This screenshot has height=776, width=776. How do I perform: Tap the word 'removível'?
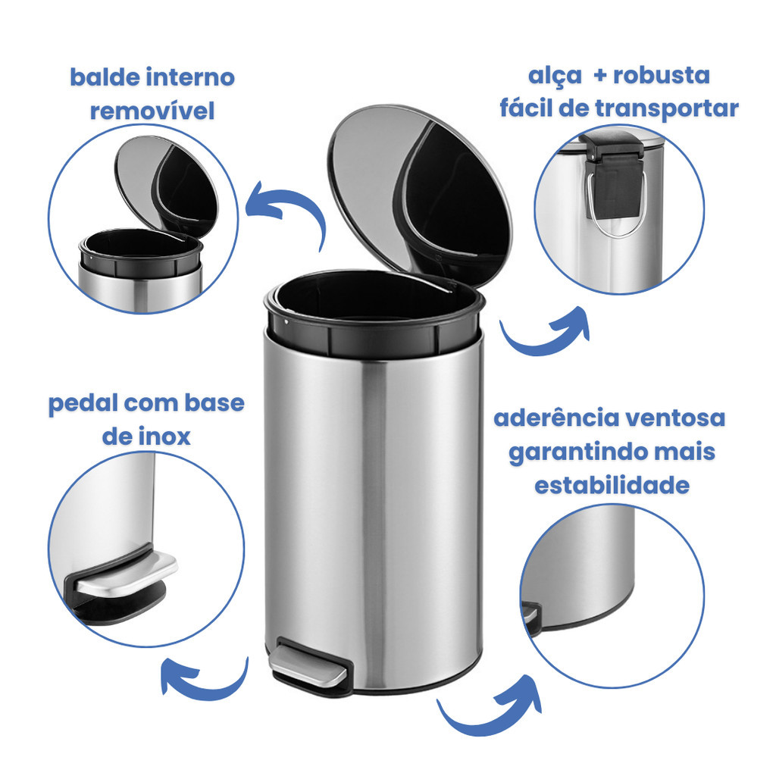[152, 111]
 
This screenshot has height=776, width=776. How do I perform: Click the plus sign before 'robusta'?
[600, 76]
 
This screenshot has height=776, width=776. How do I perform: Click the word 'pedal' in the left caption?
[83, 404]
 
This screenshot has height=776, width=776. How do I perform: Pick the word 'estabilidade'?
[612, 485]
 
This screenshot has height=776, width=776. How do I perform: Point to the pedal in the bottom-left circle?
[122, 577]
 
